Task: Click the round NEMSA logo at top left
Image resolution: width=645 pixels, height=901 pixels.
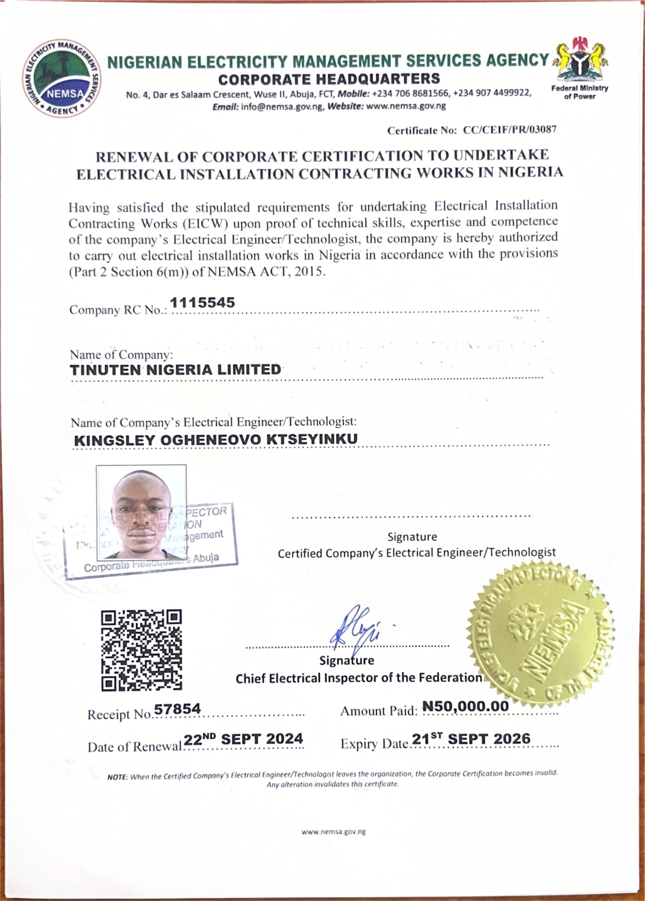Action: [62, 78]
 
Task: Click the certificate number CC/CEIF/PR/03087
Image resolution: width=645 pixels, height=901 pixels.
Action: [510, 130]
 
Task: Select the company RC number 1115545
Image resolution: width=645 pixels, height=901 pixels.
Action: [203, 303]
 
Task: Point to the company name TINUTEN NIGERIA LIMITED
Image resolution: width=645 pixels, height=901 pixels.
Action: [175, 370]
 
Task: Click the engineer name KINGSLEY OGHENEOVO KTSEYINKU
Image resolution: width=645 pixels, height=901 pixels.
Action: [216, 439]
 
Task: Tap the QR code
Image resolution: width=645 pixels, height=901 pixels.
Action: [142, 651]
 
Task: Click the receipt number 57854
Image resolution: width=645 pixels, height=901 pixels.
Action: [177, 709]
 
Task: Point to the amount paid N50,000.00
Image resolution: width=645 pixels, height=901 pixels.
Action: [466, 706]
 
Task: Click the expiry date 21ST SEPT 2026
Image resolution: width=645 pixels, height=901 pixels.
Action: [471, 739]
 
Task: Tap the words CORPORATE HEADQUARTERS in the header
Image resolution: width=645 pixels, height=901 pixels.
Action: [329, 79]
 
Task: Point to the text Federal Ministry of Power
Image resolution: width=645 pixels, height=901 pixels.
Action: [580, 92]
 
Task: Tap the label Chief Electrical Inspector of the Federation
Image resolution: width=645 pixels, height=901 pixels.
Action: [358, 678]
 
